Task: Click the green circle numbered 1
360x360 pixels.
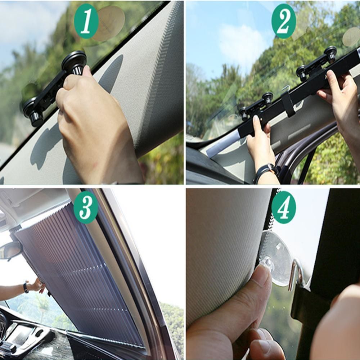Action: coord(86,21)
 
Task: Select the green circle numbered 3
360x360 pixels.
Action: coord(86,207)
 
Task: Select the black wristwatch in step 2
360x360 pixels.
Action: coord(265,171)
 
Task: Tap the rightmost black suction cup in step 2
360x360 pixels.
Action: coord(330,54)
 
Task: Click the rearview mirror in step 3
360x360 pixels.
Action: coord(11,250)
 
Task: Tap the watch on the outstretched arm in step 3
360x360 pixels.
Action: coord(26,287)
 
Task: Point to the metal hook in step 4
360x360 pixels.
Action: coord(296,274)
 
